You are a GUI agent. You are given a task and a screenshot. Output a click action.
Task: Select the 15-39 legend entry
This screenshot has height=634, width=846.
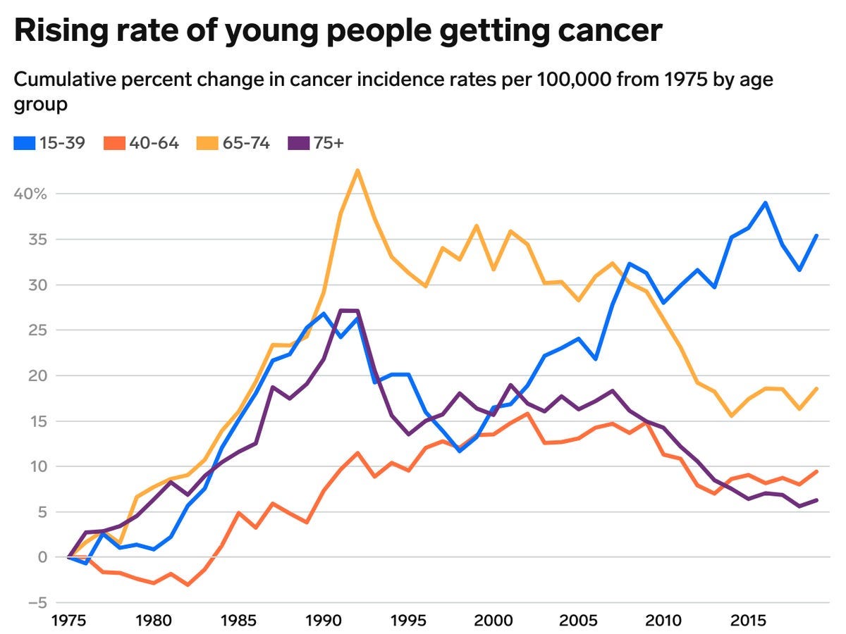pos(49,143)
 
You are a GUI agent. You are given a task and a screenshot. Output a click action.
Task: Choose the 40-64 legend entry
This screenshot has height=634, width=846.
pos(141,143)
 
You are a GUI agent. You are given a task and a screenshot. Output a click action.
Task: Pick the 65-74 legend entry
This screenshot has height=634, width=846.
pos(233,143)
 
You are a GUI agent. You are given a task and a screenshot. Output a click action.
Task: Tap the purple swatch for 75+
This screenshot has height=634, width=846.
pos(300,143)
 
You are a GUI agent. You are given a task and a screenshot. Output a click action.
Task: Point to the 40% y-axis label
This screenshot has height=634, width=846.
pos(30,194)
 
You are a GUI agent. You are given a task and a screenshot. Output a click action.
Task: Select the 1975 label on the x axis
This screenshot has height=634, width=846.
pos(68,623)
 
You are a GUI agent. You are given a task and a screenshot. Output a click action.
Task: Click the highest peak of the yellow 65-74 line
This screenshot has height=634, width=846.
pos(357,170)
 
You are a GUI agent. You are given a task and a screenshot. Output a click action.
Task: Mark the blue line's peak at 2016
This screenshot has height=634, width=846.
pos(765,203)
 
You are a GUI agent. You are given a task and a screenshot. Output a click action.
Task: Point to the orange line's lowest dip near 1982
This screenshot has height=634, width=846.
pos(188,585)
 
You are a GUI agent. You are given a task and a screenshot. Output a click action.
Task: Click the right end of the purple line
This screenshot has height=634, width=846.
pos(816,500)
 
